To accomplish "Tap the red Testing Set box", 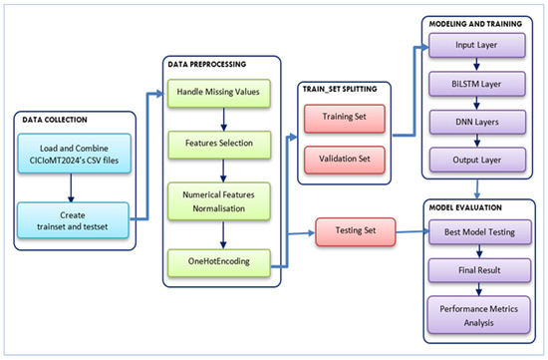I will point(356,232).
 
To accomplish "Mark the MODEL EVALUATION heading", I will point(467,208).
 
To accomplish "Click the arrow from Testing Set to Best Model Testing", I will point(411,232).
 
